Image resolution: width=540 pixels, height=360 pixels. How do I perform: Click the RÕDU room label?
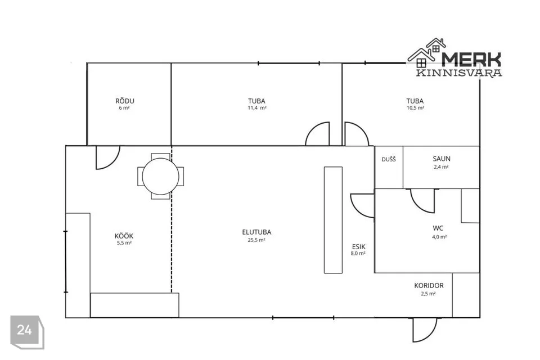point(125,101)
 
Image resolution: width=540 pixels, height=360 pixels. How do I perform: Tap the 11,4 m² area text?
point(257,108)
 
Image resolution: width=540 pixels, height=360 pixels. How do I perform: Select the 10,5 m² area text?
point(415,108)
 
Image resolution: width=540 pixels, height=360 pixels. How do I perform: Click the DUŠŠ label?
point(389,160)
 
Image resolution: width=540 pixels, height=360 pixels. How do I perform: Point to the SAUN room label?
point(442,159)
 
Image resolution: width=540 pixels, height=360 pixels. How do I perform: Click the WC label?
point(438,228)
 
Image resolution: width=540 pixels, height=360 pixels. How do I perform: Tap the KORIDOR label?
point(429,286)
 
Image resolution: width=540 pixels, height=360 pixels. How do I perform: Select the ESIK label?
point(358,247)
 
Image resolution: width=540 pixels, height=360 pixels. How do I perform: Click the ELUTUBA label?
point(256,232)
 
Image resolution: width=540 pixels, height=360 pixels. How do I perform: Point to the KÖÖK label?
point(124,236)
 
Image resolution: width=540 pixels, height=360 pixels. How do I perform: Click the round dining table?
point(160,177)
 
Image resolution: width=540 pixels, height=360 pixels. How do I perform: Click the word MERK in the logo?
point(471,59)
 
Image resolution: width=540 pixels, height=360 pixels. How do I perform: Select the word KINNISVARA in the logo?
point(459,73)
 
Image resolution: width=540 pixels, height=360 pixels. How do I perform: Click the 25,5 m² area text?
point(256,240)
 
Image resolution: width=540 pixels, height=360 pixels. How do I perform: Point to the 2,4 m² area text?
point(441,167)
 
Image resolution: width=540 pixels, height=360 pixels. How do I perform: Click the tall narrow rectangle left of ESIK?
point(333,220)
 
